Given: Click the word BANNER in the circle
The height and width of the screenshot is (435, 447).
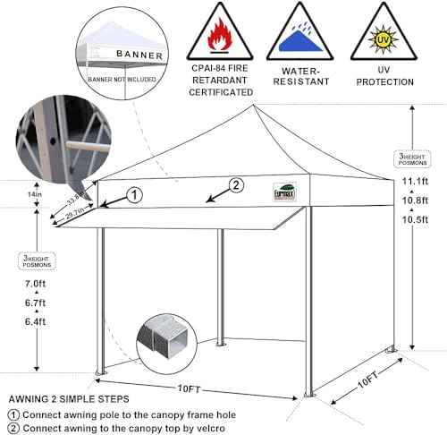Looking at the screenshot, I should pyautogui.click(x=139, y=55).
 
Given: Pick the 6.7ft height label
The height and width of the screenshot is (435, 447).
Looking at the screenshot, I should pyautogui.click(x=36, y=303).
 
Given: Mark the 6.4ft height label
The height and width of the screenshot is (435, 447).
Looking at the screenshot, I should pyautogui.click(x=36, y=322).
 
